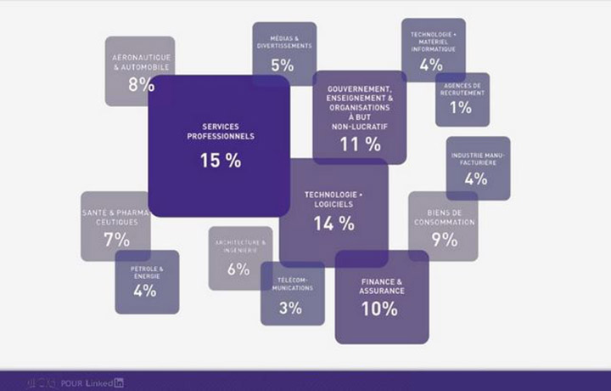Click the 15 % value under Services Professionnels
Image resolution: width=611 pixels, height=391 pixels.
pos(221,160)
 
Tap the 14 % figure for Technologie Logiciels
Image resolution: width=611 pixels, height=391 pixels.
pos(334,224)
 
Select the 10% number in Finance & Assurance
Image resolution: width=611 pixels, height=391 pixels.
pos(378,309)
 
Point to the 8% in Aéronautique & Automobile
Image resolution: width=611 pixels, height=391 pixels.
pos(141,85)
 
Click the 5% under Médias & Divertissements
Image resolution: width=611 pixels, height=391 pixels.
pos(283,65)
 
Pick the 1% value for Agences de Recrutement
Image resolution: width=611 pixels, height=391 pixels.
pos(461,108)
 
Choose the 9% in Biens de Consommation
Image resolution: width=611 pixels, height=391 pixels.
pos(444,240)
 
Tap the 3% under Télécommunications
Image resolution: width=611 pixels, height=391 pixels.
pos(290,308)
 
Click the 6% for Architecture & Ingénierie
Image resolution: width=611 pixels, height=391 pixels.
pos(238,269)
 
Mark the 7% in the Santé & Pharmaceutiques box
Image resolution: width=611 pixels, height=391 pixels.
pos(117,240)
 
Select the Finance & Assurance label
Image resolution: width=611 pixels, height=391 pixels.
pos(381,286)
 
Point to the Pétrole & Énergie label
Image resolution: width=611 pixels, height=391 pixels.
pos(147,271)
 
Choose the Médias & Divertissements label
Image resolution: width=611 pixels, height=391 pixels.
pos(284,42)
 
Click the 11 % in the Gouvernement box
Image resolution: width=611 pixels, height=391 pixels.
pos(360,144)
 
